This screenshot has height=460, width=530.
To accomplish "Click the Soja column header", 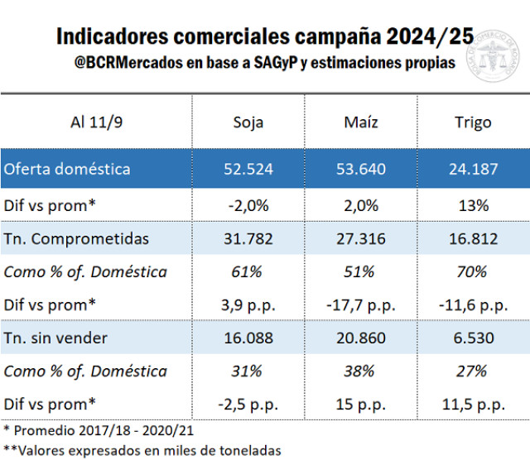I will click(x=248, y=122).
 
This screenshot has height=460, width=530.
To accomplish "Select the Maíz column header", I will click(x=361, y=122).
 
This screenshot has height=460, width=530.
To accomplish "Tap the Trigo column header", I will click(x=473, y=122).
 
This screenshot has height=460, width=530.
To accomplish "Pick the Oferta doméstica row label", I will click(x=67, y=169).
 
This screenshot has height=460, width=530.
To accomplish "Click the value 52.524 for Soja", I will click(x=248, y=169).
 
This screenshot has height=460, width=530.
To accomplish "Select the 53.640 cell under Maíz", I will click(x=361, y=169).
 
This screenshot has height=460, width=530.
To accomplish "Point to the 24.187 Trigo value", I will click(x=473, y=169).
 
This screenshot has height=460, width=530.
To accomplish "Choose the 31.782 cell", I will click(x=248, y=238).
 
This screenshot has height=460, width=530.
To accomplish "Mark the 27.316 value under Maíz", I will click(x=361, y=238).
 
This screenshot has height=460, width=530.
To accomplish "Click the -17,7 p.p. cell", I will click(x=361, y=305).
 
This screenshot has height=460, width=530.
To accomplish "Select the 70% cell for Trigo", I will click(x=473, y=271).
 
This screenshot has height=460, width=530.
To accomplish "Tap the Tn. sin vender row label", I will click(x=56, y=338).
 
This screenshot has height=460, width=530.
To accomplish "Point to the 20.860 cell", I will click(x=361, y=338).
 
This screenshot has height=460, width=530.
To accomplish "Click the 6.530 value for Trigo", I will click(x=473, y=338).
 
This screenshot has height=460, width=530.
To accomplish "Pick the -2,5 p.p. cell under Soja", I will click(x=248, y=405).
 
